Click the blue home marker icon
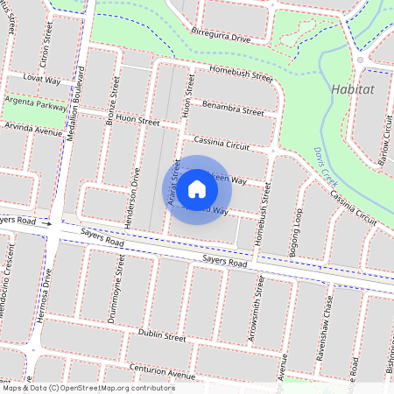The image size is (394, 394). [x=197, y=189]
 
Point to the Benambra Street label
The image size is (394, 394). [x=232, y=112]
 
